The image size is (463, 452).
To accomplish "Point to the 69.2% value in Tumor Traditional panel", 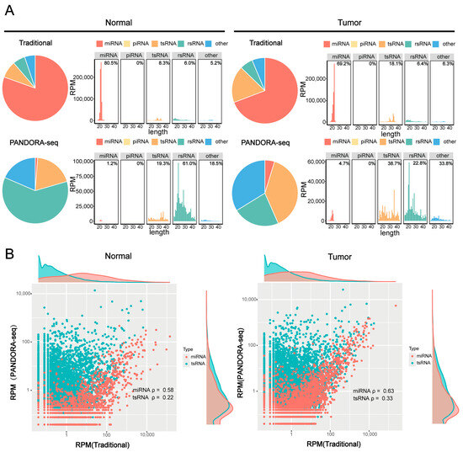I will point(341,62).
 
